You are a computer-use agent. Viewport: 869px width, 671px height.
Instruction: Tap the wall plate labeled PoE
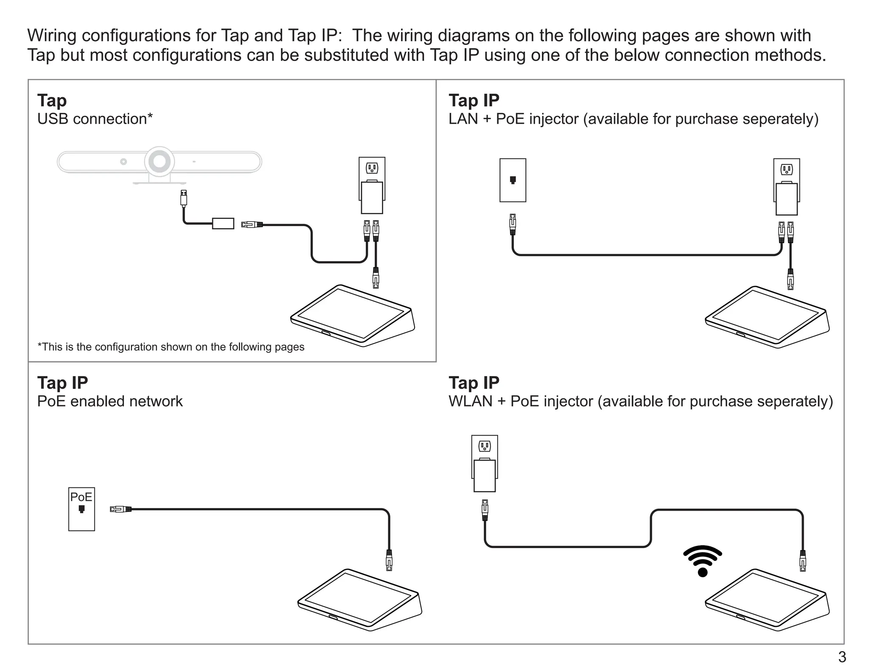81,509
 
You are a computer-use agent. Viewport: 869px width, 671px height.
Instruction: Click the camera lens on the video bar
160,162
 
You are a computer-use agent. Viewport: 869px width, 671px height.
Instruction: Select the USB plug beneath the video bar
183,198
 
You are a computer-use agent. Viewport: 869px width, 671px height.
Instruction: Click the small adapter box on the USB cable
223,224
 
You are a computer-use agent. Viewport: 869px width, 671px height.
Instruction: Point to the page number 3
842,657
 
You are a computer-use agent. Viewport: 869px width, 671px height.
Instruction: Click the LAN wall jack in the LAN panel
513,180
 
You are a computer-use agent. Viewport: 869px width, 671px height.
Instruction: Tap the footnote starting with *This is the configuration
171,347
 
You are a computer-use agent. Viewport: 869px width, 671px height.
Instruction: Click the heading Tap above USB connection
52,101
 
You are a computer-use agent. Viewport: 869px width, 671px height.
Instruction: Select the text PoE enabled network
110,401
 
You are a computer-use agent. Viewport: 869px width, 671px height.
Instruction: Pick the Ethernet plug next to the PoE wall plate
121,509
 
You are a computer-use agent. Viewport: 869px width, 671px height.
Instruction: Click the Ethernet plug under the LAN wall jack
513,224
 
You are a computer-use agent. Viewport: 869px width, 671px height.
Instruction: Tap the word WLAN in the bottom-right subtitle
470,401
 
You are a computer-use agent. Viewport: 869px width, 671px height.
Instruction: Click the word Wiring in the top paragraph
52,36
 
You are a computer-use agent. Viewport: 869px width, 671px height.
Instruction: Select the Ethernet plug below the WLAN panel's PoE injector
485,510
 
